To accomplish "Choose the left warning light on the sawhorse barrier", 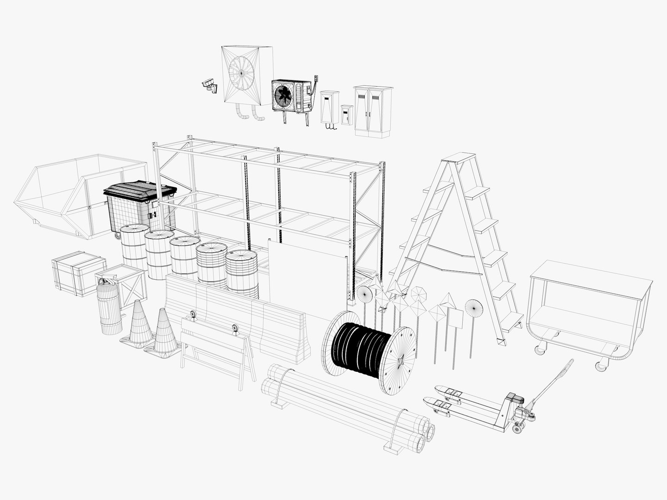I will tap(192, 317).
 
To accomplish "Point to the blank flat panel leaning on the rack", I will tap(306, 273).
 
